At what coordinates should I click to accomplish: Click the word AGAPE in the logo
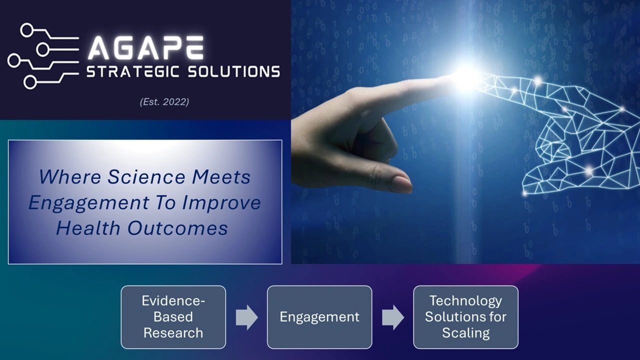click(145, 48)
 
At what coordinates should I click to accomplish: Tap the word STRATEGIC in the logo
click(133, 71)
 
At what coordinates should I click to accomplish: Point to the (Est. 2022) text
click(164, 102)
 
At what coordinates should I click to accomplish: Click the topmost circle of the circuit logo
click(26, 30)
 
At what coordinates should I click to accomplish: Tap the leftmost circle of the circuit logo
click(14, 61)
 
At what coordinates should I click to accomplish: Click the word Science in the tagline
click(146, 177)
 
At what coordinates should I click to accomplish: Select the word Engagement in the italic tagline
click(89, 203)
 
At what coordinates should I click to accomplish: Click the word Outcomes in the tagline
click(177, 228)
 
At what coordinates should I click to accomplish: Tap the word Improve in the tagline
click(221, 203)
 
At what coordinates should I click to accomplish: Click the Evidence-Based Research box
click(173, 317)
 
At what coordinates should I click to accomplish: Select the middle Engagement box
click(319, 317)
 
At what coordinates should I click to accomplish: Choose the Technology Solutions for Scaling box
click(465, 317)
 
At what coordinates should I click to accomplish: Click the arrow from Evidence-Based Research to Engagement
click(246, 317)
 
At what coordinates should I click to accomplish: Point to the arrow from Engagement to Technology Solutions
click(393, 317)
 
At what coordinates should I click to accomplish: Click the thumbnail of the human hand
click(401, 184)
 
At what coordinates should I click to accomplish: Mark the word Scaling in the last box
click(465, 333)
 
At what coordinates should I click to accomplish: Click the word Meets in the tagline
click(221, 177)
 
